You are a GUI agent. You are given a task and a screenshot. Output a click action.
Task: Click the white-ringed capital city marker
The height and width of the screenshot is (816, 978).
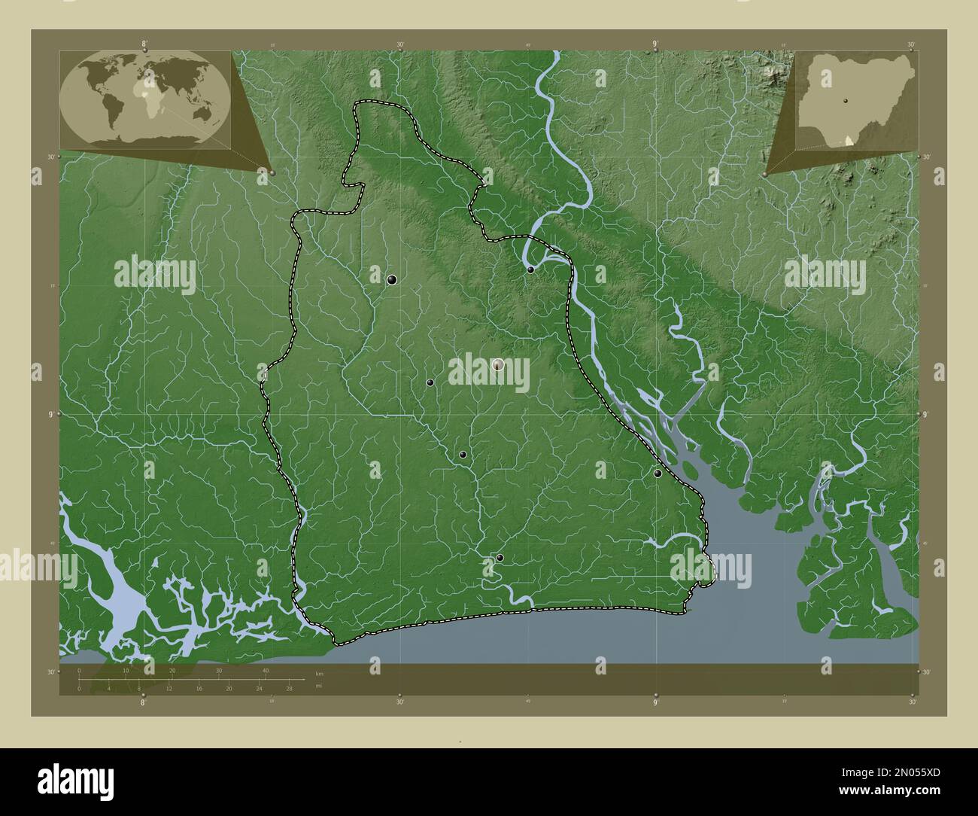[x=497, y=365]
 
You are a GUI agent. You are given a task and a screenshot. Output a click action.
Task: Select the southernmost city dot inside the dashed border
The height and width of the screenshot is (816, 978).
[x=500, y=558]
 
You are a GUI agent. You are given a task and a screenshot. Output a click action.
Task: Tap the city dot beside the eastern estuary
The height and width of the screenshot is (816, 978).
[x=658, y=473]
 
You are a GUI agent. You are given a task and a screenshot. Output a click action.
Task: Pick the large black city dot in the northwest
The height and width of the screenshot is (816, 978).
[x=392, y=280]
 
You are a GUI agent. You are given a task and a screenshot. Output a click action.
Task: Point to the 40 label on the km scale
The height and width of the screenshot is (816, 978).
[x=265, y=670]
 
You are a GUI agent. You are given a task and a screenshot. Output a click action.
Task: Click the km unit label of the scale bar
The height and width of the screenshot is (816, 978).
[x=319, y=673]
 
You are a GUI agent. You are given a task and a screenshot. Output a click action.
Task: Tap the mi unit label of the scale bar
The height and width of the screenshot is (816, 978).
[x=318, y=686]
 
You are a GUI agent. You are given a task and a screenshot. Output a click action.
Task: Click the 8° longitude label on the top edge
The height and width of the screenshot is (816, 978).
[x=144, y=45]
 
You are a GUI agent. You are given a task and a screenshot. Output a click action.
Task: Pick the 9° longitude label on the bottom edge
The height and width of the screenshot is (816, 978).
[x=655, y=702]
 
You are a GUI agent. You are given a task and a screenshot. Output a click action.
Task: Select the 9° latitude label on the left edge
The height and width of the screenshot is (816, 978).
[x=51, y=414]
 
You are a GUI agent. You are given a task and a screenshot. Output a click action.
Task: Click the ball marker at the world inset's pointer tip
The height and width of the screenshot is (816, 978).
[x=272, y=172]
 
